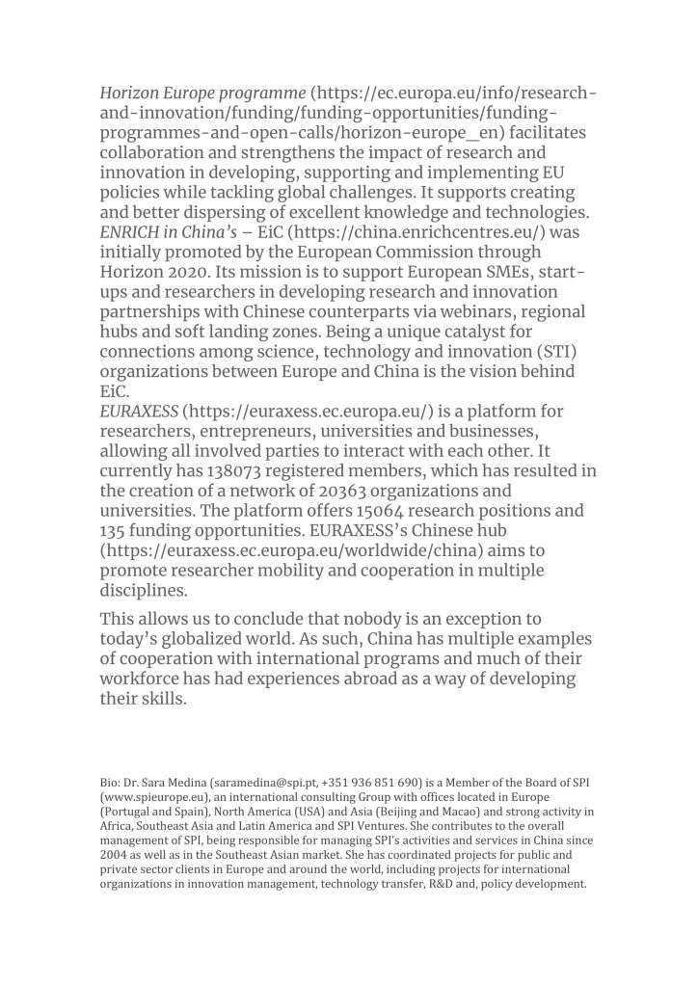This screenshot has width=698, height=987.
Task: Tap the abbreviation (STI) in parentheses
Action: (x=553, y=352)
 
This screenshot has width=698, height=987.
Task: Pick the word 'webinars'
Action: (x=486, y=312)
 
